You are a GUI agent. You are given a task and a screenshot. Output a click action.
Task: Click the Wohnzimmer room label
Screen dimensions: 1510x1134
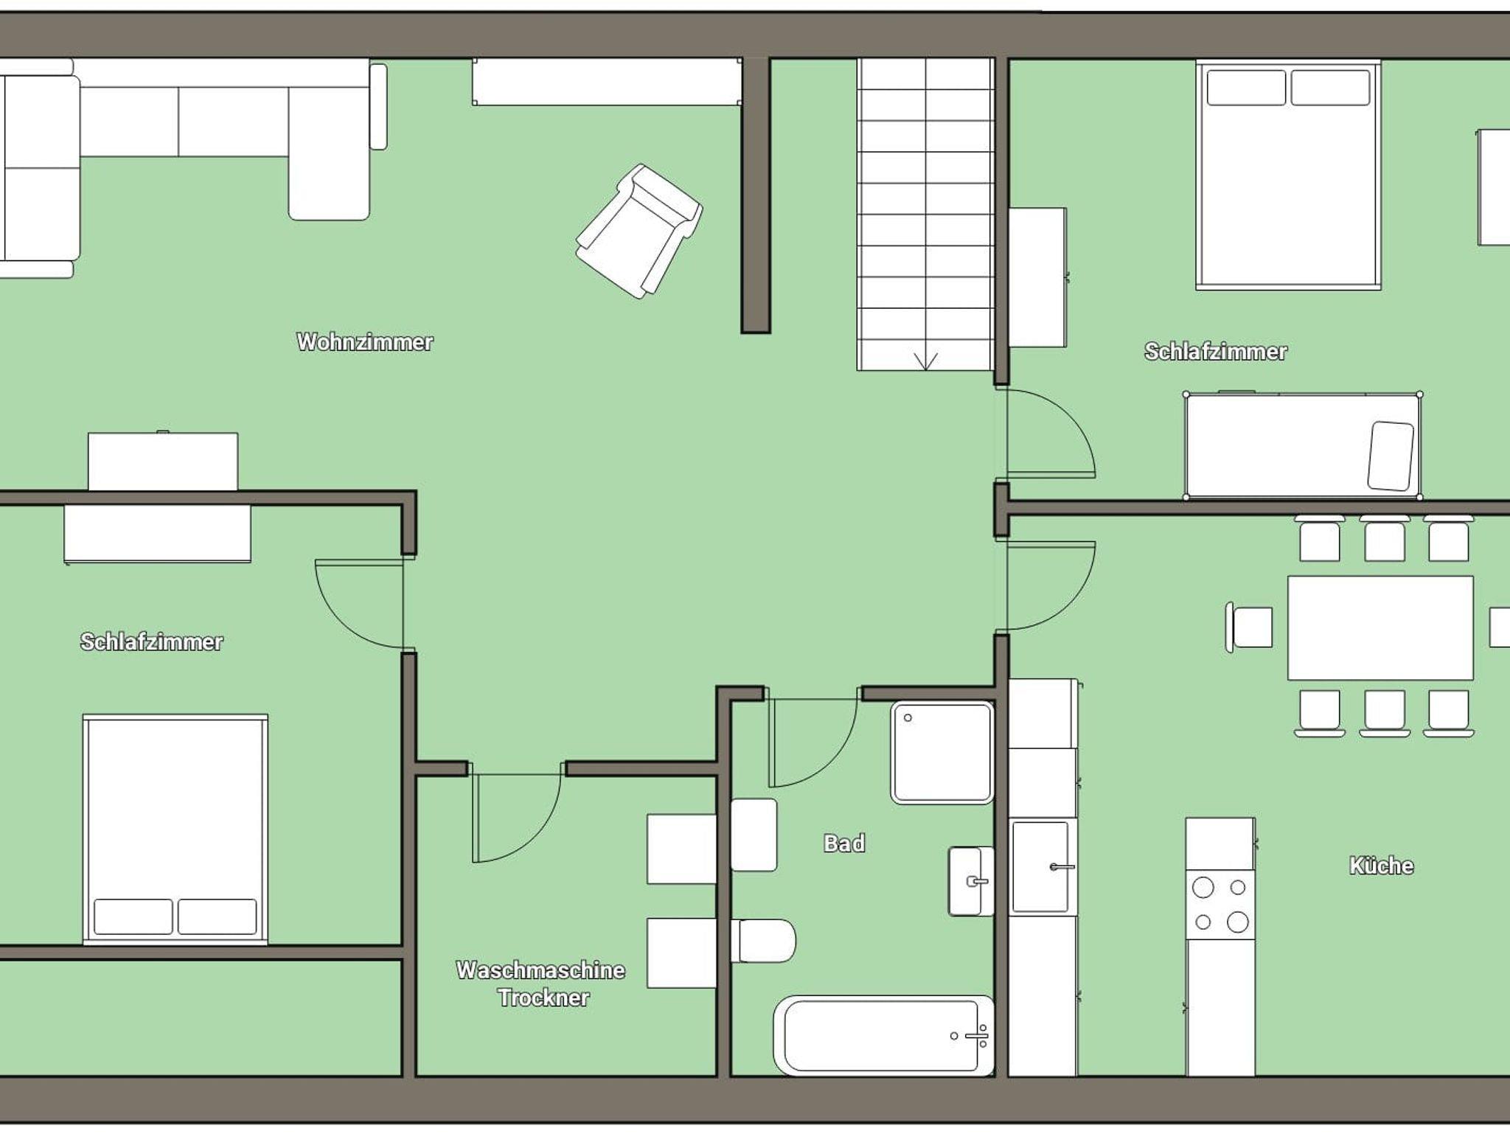[x=365, y=342]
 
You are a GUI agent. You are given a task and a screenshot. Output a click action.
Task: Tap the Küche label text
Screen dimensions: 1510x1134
[x=1381, y=865]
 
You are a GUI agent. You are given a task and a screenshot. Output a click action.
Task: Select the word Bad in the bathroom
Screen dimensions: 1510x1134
[x=844, y=843]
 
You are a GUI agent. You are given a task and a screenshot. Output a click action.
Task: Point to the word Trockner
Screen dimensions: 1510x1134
[x=543, y=998]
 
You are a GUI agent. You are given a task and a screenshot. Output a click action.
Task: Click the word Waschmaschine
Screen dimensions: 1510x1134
[x=540, y=970]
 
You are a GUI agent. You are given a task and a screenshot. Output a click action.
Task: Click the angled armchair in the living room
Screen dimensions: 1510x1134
[x=639, y=231]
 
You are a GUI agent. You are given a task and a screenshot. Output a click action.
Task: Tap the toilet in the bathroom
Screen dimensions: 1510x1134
[x=763, y=941]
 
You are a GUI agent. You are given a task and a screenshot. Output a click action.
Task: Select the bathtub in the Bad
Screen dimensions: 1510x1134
[x=883, y=1035]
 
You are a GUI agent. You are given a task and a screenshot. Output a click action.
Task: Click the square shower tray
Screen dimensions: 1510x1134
[x=942, y=752]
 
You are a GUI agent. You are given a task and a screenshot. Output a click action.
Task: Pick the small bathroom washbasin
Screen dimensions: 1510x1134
[x=970, y=881]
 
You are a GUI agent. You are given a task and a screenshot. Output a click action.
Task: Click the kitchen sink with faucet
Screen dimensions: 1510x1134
[x=1041, y=866]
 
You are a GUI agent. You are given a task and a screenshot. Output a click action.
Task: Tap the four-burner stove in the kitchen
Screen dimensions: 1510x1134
[x=1220, y=904]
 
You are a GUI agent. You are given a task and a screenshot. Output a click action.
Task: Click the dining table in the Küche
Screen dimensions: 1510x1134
[x=1380, y=627]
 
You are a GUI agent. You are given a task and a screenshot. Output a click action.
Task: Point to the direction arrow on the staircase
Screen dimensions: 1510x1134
[x=926, y=361]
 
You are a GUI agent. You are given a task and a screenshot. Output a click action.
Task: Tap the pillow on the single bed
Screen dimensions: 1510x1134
[x=1391, y=456]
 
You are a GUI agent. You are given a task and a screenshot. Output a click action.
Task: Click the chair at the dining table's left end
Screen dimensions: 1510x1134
[x=1249, y=627]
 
